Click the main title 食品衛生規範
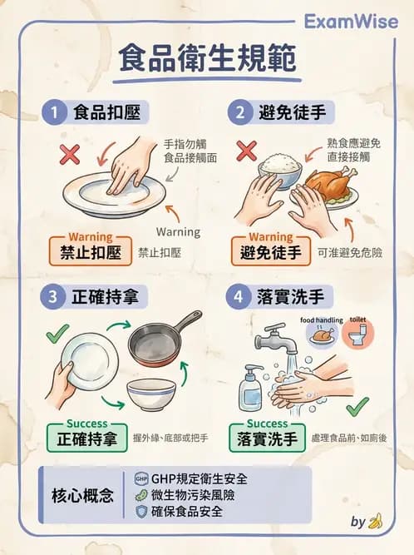(x=206, y=60)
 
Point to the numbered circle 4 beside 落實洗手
(x=240, y=295)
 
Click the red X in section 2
(x=246, y=151)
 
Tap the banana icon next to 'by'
(x=375, y=522)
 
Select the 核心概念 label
(x=83, y=495)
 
